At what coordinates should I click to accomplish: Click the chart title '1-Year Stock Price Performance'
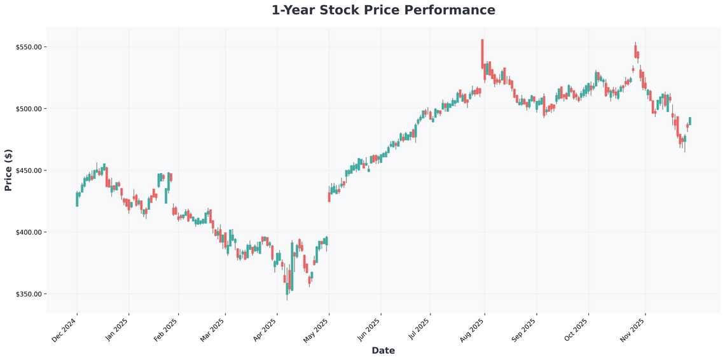[x=383, y=10]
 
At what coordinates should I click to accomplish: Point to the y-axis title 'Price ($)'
[x=8, y=170]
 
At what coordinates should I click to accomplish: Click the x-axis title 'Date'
[x=383, y=350]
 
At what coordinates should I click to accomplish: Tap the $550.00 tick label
[x=29, y=47]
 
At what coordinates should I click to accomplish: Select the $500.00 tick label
[x=29, y=109]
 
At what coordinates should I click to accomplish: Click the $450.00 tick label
[x=29, y=170]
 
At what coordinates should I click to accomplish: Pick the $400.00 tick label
[x=29, y=232]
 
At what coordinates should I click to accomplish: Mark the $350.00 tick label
[x=29, y=294]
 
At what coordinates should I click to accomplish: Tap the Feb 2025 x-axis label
[x=166, y=330]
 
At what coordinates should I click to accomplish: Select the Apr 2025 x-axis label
[x=265, y=330]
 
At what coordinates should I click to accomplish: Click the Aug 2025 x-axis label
[x=472, y=330]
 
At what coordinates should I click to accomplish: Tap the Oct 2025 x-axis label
[x=576, y=330]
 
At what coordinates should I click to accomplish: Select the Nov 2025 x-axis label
[x=633, y=330]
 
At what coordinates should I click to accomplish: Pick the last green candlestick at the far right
[x=690, y=121]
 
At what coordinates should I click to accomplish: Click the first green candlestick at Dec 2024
[x=77, y=199]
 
